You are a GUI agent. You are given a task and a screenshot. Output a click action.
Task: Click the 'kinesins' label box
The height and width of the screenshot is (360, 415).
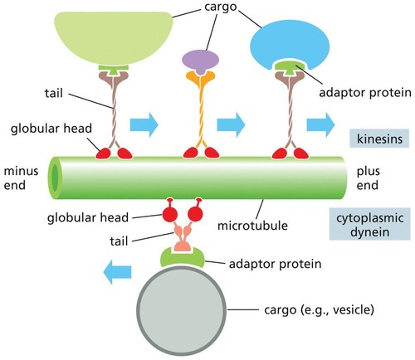coord(379,139)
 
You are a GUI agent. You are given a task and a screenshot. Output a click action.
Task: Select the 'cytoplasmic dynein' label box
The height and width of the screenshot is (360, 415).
coord(370,224)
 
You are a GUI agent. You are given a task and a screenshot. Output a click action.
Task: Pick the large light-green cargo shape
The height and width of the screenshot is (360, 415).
coord(114,36)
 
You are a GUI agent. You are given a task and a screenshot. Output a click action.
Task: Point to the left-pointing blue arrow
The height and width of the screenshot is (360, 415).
coord(117,272)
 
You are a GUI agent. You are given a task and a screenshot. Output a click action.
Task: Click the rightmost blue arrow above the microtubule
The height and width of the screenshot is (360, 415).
coord(320,125)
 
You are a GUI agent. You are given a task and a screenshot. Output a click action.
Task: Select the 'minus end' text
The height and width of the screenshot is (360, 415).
coord(21,178)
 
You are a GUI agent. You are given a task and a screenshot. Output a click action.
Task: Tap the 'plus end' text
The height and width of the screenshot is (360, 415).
coord(368,178)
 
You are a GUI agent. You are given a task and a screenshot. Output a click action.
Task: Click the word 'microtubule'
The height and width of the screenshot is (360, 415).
coord(252,225)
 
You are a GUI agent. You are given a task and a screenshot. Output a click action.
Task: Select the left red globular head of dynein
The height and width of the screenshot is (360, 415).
coord(170,214)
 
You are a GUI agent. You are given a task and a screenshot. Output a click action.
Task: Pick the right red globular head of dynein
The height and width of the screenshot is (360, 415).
coord(195,214)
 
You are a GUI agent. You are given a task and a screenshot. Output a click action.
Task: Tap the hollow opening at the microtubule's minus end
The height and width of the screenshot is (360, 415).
coord(55,178)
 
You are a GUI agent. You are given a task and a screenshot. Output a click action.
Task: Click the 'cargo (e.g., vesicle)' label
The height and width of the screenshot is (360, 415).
coord(319,309)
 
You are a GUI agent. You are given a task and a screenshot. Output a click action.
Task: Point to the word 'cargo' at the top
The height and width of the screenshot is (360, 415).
coord(220,7)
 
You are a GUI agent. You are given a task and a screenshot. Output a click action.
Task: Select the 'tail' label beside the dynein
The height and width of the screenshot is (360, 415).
coord(119,241)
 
